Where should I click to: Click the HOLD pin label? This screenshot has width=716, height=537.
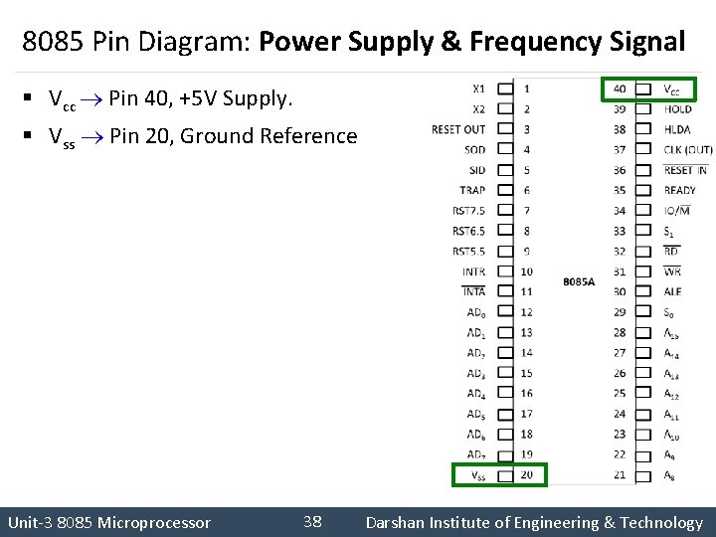(x=677, y=109)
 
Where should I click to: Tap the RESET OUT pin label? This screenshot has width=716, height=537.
(x=458, y=129)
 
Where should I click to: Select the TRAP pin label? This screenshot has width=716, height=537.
(x=472, y=190)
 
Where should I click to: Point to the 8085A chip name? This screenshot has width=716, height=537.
(x=579, y=282)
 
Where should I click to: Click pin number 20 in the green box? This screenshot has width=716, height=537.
(x=526, y=475)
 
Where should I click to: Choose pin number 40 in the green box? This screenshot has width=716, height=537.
(x=620, y=89)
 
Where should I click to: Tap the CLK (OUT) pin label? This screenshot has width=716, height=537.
(x=688, y=150)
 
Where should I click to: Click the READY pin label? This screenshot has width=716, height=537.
(x=680, y=190)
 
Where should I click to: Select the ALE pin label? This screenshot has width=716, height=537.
(x=672, y=292)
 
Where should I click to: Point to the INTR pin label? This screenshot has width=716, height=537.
(x=473, y=271)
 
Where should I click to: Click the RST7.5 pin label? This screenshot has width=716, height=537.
(x=468, y=211)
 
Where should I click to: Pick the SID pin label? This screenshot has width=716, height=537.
(x=476, y=170)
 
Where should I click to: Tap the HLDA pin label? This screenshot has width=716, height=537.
(x=677, y=129)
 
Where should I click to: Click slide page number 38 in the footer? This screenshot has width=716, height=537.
(x=312, y=522)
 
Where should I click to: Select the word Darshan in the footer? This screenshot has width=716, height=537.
(x=396, y=522)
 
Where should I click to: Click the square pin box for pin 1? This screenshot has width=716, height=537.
(x=504, y=89)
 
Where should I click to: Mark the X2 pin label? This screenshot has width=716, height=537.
(x=478, y=109)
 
